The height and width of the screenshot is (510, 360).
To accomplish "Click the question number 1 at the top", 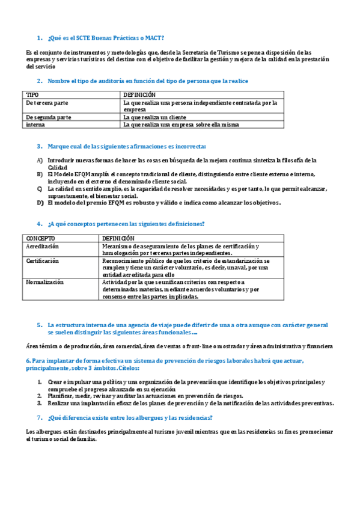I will tap(39, 38).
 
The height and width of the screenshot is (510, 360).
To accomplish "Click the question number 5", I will tap(39, 324).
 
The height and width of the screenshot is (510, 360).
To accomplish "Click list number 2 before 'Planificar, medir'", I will tap(40, 396).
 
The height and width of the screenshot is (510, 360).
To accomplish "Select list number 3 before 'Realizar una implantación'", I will tap(40, 403).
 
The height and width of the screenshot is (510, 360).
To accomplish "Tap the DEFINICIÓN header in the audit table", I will tap(139, 95).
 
